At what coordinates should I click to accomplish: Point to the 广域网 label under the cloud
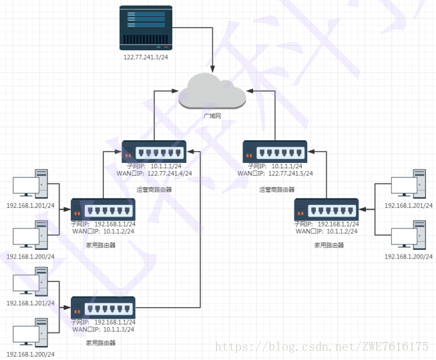212,116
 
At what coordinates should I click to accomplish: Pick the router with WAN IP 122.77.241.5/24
274,151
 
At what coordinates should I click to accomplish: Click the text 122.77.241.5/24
290,174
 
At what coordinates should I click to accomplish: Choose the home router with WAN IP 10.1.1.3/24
103,307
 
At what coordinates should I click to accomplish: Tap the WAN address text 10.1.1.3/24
118,329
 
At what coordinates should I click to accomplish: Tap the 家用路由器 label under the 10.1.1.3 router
101,343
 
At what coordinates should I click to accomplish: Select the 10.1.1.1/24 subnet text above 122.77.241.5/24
288,166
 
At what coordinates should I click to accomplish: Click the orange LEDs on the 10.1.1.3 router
78,311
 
